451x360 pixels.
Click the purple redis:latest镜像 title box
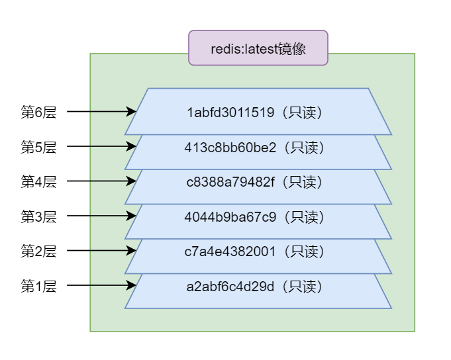pyautogui.click(x=258, y=48)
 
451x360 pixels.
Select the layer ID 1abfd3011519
pyautogui.click(x=230, y=112)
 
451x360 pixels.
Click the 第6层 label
pyautogui.click(x=39, y=112)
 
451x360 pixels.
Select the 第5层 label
pyautogui.click(x=39, y=148)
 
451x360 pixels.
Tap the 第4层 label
pyautogui.click(x=39, y=182)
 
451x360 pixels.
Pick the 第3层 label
pyautogui.click(x=39, y=216)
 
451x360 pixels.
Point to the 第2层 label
pyautogui.click(x=39, y=251)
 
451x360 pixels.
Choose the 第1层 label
pyautogui.click(x=39, y=287)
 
